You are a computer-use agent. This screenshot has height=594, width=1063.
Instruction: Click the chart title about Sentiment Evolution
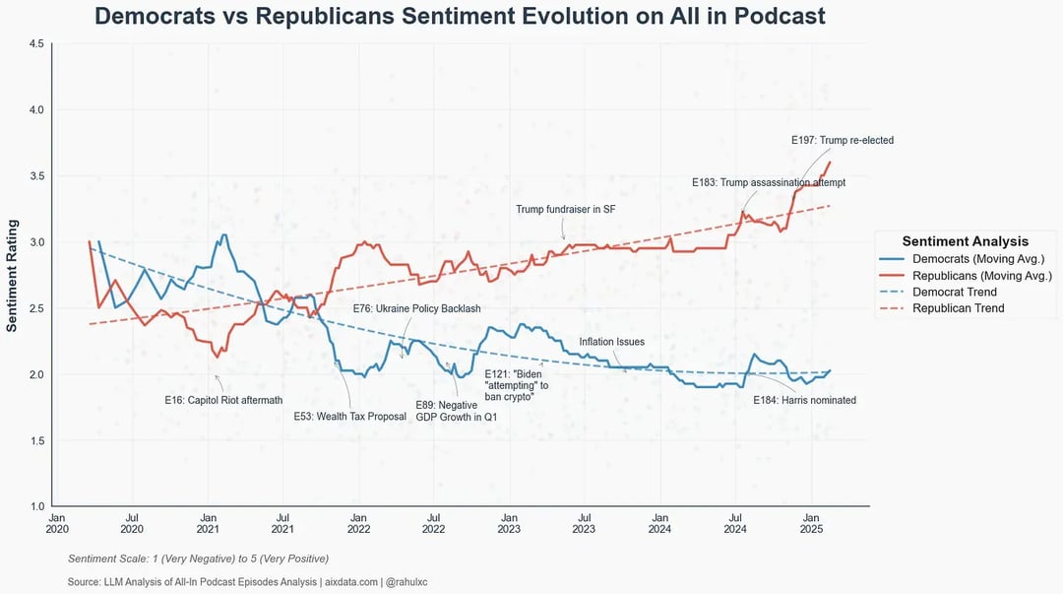tap(460, 17)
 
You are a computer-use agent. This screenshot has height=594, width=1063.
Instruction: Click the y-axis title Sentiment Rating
tap(13, 275)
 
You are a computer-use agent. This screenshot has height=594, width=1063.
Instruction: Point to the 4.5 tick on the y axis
tap(36, 43)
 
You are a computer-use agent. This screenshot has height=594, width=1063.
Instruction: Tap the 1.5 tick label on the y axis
tap(36, 440)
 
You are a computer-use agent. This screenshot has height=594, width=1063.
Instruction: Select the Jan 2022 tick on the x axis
tap(358, 522)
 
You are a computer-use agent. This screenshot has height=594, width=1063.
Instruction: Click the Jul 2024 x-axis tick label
tap(735, 522)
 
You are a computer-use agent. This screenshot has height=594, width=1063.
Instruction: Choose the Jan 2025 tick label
tap(811, 522)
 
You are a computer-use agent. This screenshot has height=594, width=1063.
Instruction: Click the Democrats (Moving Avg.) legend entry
tap(977, 259)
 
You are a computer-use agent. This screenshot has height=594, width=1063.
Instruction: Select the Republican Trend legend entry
tap(958, 308)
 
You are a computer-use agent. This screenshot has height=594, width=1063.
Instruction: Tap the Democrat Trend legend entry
tap(954, 292)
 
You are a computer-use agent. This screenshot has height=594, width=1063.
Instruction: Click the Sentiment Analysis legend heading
tap(965, 241)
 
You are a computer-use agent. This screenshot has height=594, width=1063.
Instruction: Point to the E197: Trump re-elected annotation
tap(842, 141)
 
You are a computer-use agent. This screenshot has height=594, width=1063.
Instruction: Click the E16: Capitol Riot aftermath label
tap(223, 400)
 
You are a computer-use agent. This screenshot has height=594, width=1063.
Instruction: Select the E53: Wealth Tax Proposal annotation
tap(349, 417)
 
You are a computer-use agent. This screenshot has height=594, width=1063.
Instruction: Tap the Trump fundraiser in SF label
tap(565, 210)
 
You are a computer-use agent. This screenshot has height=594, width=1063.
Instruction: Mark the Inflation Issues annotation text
tap(611, 342)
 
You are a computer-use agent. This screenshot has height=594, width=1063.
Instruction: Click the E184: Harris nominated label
tap(804, 400)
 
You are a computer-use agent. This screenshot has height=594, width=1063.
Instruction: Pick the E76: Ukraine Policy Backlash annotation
tap(416, 308)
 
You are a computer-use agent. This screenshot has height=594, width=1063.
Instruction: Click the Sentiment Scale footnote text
tap(198, 559)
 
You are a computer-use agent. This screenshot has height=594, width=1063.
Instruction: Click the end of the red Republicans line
tap(830, 163)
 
